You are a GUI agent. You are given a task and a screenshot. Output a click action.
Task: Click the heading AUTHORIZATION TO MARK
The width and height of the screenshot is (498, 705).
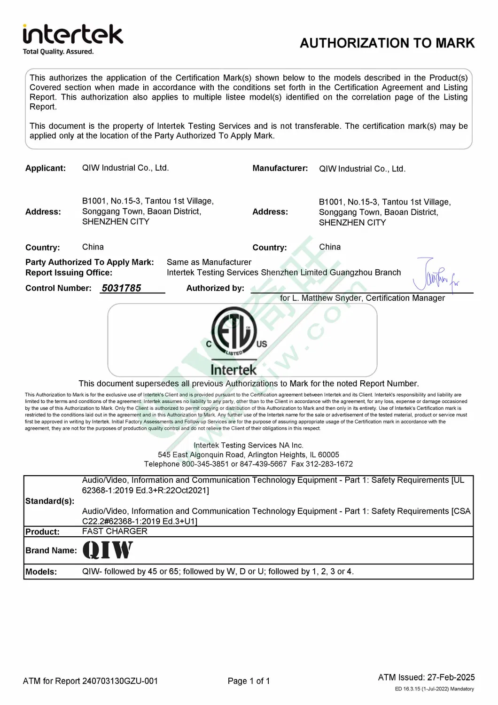point(387,43)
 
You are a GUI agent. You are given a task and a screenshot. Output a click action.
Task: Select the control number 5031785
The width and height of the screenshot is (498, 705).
point(121,288)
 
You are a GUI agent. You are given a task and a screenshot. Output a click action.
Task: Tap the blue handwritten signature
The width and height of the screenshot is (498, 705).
point(435,275)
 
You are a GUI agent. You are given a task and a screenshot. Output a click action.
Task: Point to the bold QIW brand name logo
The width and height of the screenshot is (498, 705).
point(108,550)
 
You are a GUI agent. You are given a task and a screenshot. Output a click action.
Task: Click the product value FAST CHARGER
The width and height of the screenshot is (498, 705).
point(115,531)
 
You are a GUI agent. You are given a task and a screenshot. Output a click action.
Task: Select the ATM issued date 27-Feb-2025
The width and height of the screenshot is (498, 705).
point(451,677)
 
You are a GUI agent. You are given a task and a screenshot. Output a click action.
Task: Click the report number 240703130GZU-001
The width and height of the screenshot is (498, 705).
point(120,681)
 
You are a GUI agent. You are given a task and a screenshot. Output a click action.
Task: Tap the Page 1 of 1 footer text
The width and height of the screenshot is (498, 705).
point(249,681)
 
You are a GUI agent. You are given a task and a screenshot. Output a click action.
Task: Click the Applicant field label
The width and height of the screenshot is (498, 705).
point(46,168)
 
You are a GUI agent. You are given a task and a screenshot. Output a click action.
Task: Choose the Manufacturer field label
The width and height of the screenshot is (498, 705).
point(280,168)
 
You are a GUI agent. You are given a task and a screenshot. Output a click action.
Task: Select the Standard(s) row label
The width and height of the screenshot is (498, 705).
point(50,501)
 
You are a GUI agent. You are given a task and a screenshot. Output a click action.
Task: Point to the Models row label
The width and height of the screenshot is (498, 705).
point(41,572)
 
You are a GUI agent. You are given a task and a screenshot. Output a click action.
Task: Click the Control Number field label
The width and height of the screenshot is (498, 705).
point(58,288)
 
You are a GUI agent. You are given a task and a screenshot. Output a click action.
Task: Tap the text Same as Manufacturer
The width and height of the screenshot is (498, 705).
point(209,262)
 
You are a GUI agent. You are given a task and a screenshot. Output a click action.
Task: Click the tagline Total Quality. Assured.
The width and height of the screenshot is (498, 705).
point(58,52)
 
